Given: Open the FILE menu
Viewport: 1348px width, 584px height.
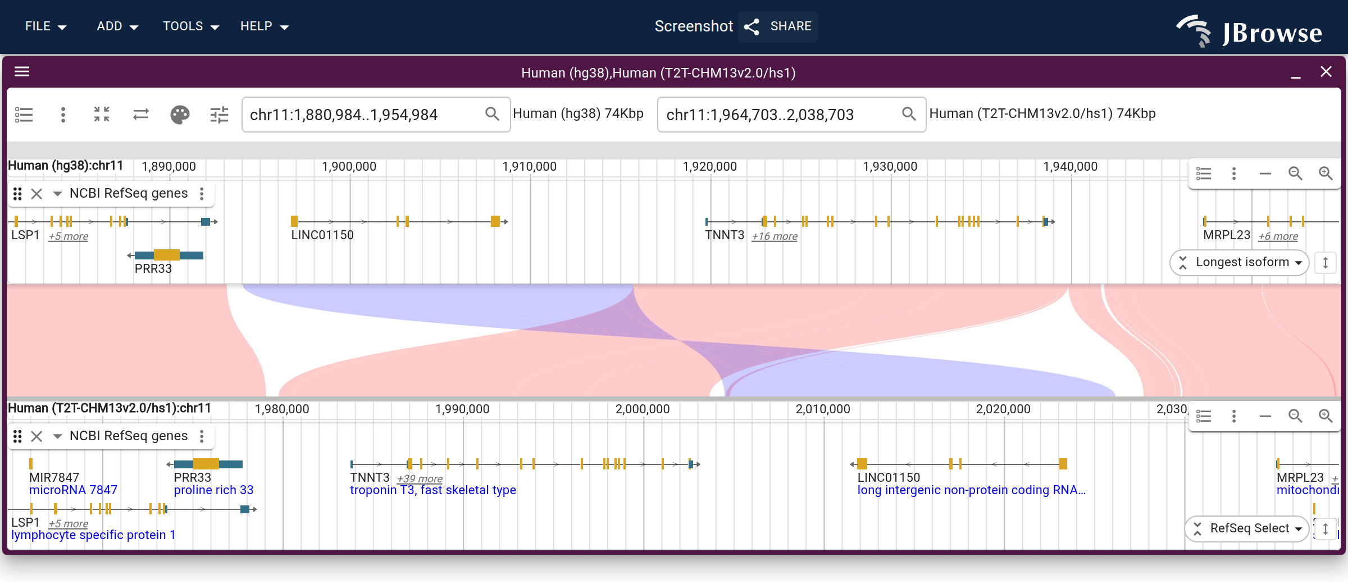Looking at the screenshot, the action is click(45, 26).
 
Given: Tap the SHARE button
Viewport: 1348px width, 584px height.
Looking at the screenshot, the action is click(778, 26).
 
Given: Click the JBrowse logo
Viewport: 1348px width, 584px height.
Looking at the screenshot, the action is click(1249, 31).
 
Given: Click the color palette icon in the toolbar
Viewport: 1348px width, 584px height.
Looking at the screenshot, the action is click(180, 115).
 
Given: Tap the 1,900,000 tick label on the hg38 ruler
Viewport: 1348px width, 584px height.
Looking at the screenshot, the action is click(349, 167).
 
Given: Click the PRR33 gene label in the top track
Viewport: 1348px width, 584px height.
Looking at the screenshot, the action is click(153, 268).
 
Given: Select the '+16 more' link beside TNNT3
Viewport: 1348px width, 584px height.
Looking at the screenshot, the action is click(775, 236).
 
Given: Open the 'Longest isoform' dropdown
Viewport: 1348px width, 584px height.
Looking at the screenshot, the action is click(1240, 262).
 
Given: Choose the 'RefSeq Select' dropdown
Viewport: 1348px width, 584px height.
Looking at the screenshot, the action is click(1247, 528).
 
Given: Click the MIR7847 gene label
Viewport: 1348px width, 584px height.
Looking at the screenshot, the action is click(54, 477).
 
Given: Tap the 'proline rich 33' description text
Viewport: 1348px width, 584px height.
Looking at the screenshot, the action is click(213, 490).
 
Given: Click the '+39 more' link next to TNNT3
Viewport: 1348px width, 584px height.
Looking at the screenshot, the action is click(420, 479).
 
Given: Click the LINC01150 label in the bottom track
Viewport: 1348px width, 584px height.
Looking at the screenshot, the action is click(889, 477).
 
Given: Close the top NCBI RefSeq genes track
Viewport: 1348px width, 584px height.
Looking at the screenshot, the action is click(37, 194).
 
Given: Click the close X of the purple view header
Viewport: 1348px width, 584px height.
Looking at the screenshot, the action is click(1326, 72).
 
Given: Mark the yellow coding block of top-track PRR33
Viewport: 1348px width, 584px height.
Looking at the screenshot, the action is click(167, 255).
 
